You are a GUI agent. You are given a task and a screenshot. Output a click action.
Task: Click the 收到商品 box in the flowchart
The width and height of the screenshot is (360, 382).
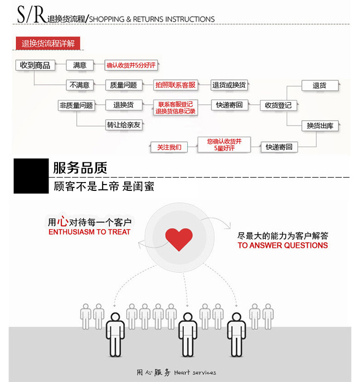36,65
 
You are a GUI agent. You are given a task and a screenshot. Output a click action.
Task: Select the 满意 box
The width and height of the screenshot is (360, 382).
80,65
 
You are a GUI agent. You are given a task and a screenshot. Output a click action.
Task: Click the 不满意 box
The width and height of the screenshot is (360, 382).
80,85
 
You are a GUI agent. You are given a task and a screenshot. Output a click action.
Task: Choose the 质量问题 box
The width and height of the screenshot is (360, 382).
123,85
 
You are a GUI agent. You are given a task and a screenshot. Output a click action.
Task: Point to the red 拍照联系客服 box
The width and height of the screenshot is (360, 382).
175,85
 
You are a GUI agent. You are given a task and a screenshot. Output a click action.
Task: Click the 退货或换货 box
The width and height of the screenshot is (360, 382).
229,85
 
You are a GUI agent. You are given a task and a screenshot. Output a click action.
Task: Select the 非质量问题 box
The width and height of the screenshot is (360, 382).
76,105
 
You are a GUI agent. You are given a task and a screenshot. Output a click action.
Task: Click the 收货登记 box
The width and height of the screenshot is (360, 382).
278,105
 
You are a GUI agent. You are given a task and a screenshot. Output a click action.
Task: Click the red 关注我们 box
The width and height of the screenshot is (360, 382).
169,147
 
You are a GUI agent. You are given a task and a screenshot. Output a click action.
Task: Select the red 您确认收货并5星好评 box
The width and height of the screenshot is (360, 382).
224,144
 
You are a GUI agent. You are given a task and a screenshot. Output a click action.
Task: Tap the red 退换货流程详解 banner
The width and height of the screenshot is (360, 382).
48,43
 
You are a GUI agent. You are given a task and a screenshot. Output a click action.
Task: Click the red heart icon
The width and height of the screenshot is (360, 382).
179,239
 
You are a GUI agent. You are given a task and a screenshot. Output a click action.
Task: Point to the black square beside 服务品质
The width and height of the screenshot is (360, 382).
31,176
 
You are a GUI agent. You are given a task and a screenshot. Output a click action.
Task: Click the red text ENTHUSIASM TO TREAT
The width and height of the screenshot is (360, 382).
89,232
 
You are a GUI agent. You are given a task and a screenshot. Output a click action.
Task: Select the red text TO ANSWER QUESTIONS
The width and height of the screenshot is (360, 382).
283,246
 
